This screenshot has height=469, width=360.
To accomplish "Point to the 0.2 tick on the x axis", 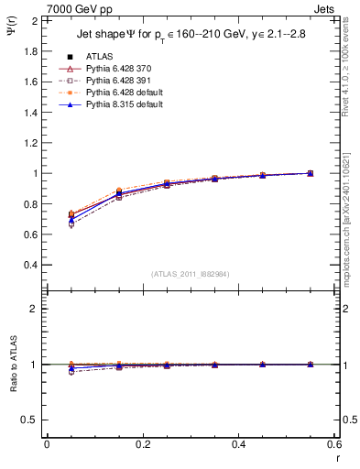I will [x=142, y=444].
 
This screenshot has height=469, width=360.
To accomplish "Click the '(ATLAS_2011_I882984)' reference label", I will [x=191, y=275].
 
